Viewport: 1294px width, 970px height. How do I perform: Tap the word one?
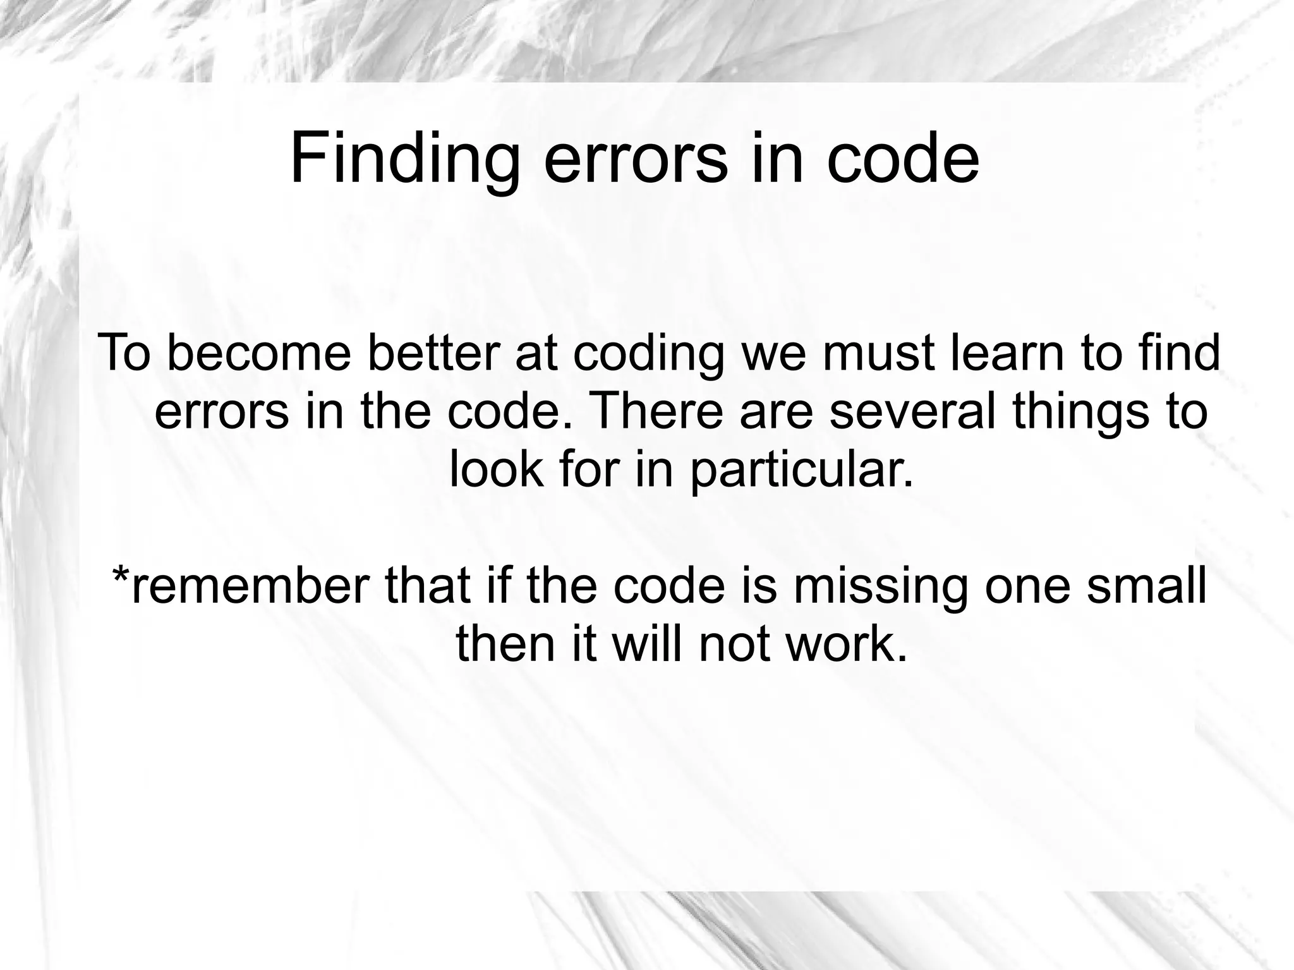(x=1027, y=585)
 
